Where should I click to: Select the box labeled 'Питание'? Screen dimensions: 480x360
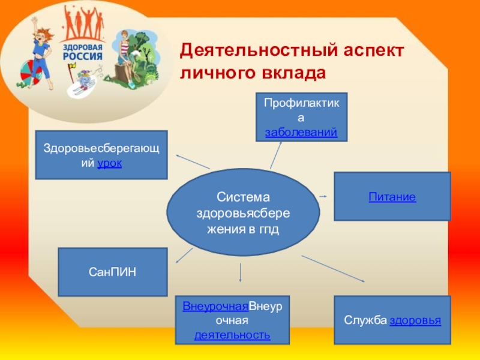[392, 196]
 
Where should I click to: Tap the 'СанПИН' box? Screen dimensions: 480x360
[112, 272]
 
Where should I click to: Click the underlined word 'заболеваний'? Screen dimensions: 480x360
[301, 131]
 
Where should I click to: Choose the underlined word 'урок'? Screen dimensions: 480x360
[110, 163]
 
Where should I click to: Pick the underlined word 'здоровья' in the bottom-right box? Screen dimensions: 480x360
[415, 320]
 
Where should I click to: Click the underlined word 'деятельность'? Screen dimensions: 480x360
[232, 334]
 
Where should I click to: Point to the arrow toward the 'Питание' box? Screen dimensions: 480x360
[323, 196]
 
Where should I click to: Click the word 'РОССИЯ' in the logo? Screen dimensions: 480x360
[81, 57]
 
